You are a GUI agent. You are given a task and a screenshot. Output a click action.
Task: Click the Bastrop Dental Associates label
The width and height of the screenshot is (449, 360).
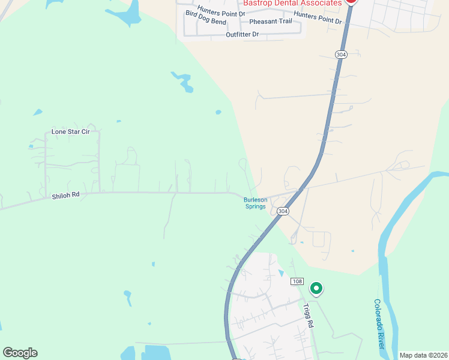pos(292,3)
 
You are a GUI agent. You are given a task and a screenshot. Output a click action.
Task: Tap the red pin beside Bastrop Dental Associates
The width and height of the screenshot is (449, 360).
pos(351,2)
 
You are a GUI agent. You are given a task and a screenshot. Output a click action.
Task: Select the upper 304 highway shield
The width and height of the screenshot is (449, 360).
pos(341,55)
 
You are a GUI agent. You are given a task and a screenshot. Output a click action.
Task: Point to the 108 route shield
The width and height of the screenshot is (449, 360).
pos(297,281)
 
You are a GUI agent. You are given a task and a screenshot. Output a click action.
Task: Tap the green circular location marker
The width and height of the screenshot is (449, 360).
pos(316,289)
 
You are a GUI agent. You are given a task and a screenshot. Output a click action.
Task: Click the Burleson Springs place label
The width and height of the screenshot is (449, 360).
pos(255,203)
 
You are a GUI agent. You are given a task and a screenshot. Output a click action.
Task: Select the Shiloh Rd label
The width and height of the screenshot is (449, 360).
pos(65,194)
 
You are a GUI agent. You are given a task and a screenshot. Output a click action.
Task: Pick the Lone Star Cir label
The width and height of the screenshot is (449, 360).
pos(70,131)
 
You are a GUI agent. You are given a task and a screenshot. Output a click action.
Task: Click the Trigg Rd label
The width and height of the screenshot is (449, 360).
pos(309,315)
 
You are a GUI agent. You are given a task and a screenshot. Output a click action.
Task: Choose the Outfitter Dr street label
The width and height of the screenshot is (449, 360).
pos(242,34)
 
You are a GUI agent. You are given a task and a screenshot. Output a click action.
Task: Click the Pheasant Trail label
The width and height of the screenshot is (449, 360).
pos(270,22)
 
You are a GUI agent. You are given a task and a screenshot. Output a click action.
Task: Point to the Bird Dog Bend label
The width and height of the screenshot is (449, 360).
pos(206,22)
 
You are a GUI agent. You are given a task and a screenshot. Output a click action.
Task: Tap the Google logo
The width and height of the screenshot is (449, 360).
pos(20,353)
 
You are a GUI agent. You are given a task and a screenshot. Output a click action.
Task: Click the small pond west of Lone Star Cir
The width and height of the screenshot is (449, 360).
pos(38,112)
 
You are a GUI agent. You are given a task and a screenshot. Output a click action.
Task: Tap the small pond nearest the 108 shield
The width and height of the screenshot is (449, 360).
pos(282,273)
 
